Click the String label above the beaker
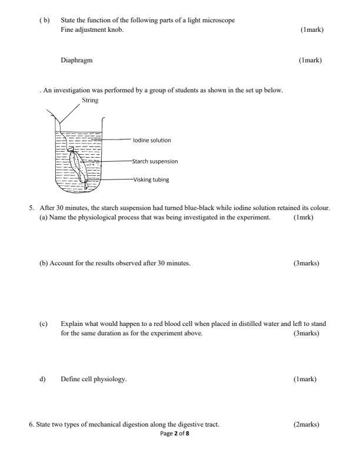90,100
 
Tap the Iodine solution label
152,140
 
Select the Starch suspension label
155,161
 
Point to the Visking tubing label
151,179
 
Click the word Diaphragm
76,60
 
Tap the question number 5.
31,208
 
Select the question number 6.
31,424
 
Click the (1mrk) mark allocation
303,217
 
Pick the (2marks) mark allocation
306,424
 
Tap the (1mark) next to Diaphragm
310,60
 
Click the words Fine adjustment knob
92,29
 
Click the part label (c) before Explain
43,324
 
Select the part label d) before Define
42,379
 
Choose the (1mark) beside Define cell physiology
305,379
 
